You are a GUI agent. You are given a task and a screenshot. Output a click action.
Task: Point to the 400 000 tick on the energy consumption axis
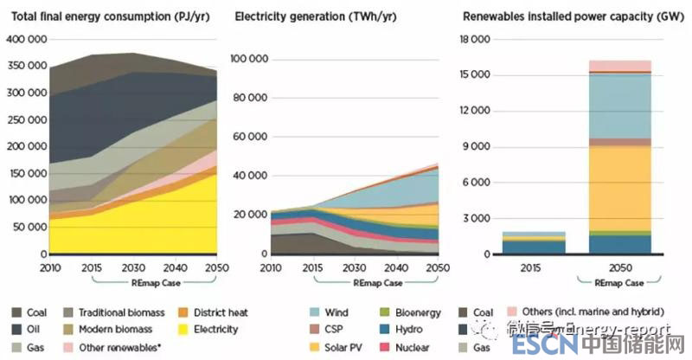click(26, 39)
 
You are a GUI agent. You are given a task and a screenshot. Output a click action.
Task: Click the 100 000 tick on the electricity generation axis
click(249, 58)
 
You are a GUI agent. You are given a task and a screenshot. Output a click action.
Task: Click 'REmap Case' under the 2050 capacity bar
click(620, 282)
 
